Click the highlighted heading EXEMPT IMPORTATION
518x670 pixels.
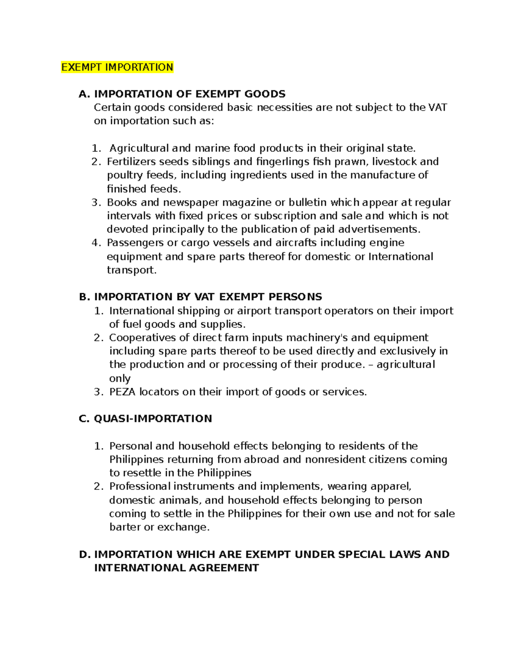[x=117, y=67]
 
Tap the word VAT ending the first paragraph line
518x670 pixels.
[x=437, y=107]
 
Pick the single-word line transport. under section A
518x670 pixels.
[x=131, y=270]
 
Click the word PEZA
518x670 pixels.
[x=122, y=392]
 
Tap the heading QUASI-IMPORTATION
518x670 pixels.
[x=153, y=418]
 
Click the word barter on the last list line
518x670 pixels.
[x=124, y=527]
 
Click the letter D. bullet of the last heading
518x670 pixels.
[x=85, y=554]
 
